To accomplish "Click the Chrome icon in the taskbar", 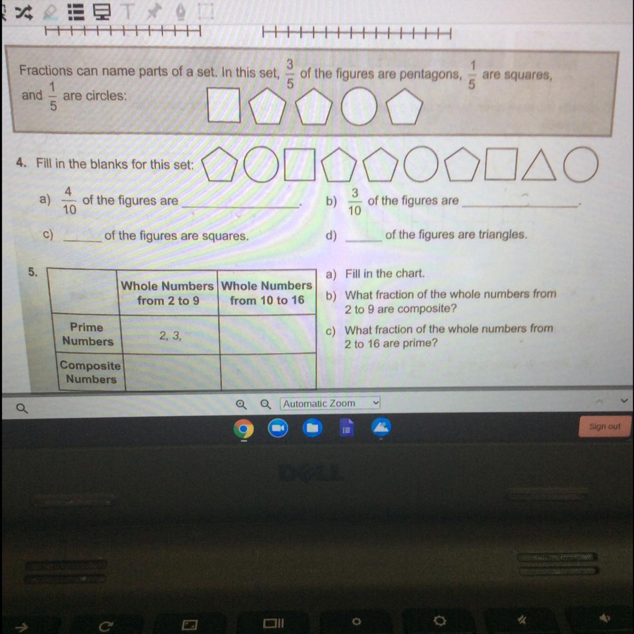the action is (244, 428).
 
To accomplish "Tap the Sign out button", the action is (604, 426).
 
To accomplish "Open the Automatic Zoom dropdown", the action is (330, 403).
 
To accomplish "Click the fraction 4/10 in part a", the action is (69, 200).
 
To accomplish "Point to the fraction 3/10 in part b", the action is (355, 202).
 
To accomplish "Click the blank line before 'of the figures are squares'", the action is (82, 241).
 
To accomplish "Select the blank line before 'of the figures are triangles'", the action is (364, 241).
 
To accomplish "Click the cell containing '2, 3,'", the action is (170, 334).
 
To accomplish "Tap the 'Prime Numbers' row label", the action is (87, 334).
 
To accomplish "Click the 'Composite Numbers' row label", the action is (90, 372).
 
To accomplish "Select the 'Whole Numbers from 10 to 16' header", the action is (266, 293).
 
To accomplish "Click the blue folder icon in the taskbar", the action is (312, 428).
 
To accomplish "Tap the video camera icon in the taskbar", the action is (278, 428).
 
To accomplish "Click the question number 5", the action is (33, 272).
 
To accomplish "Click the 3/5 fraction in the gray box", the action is (290, 73).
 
